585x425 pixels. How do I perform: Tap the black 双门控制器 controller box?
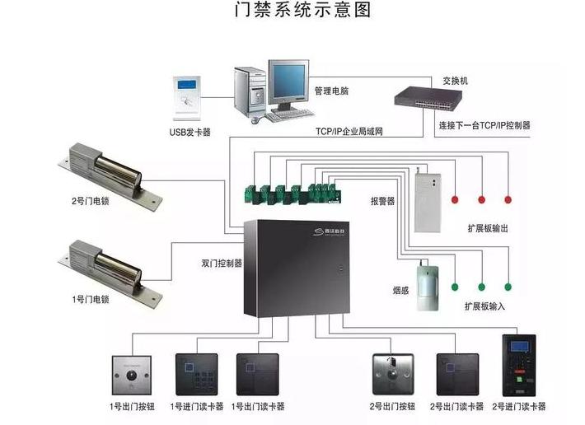[x=298, y=267]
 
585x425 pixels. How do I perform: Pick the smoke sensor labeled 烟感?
[x=427, y=285]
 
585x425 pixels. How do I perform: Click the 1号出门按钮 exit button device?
[x=131, y=375]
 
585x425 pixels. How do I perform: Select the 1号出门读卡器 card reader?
[x=256, y=375]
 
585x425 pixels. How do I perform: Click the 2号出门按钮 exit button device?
[x=392, y=375]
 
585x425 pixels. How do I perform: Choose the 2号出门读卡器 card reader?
[x=456, y=375]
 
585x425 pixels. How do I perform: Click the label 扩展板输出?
[x=486, y=228]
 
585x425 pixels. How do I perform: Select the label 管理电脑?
[x=332, y=91]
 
